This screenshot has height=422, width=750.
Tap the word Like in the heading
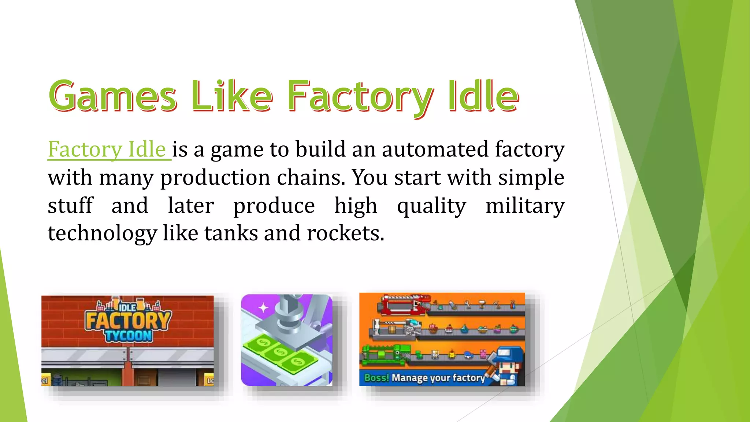232,96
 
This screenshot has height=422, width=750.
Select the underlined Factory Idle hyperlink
107,149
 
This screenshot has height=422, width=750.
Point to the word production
215,178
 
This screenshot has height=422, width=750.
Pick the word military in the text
525,206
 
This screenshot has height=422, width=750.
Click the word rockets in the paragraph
345,233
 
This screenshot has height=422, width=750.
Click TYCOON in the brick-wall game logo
128,336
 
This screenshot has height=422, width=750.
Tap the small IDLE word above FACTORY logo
127,307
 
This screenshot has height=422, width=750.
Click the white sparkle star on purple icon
263,308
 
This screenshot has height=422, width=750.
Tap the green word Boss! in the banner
376,378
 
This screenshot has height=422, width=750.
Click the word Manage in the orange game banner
409,378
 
